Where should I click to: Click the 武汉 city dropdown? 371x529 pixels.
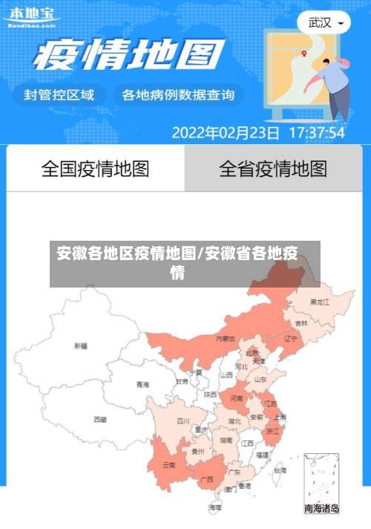[325, 22]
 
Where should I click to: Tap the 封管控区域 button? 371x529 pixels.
[59, 94]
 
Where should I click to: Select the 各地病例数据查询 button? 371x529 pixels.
[178, 94]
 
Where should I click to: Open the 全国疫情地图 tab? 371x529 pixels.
[95, 169]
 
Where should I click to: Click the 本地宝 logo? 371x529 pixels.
[31, 15]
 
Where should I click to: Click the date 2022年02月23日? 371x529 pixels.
[226, 133]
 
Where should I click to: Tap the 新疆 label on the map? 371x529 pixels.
[80, 345]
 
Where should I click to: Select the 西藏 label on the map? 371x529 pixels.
[100, 419]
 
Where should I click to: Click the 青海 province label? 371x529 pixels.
[142, 385]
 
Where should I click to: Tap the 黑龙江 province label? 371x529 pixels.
[321, 302]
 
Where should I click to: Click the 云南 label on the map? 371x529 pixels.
[169, 465]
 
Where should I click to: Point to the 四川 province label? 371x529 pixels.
[183, 421]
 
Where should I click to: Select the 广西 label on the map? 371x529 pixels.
[208, 478]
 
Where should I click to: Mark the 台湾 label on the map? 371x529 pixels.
[279, 470]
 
